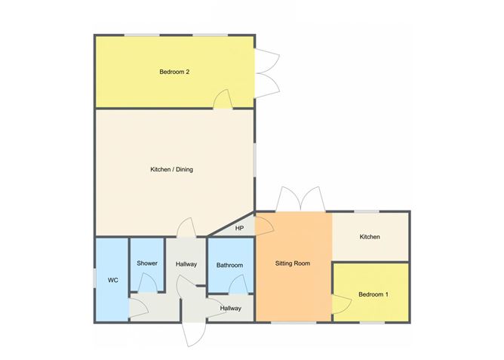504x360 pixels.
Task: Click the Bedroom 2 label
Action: [174, 72]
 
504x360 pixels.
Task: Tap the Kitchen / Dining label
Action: [172, 169]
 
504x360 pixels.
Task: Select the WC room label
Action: [113, 280]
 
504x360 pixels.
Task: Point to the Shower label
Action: [147, 263]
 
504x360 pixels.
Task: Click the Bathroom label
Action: [229, 265]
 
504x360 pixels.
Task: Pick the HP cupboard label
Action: [240, 228]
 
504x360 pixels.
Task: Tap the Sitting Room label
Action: [292, 263]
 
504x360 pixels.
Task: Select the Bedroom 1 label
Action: [373, 294]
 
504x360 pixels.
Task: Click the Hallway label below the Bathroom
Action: [230, 308]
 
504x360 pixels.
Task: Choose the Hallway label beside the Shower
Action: [186, 263]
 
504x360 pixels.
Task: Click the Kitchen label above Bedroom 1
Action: [370, 237]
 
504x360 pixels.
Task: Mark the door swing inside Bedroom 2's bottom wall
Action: [223, 99]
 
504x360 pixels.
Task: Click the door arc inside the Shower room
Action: [150, 282]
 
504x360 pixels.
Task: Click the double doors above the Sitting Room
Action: [300, 199]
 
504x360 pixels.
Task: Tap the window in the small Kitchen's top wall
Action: [367, 211]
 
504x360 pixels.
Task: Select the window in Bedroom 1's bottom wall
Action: [371, 322]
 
